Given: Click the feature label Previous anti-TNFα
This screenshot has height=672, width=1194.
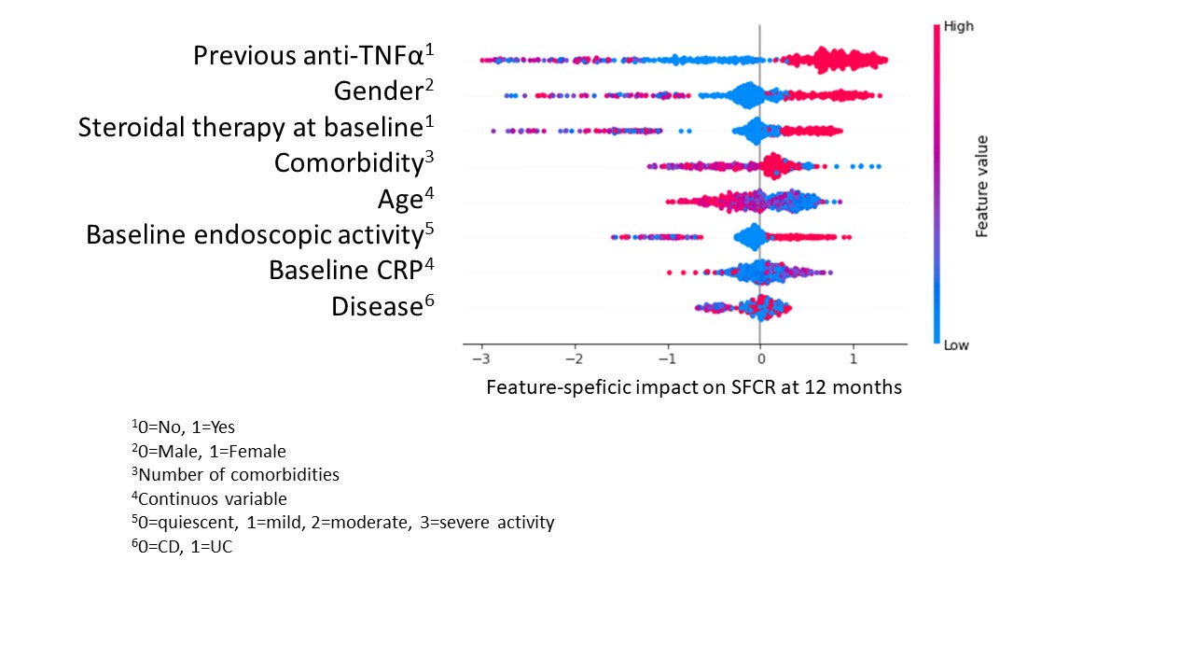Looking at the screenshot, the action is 313,55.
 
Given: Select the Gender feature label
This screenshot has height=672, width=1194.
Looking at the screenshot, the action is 383,91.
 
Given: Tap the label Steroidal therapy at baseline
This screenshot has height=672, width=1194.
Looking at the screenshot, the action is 256,127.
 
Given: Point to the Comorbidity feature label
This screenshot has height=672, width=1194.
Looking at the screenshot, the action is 354,162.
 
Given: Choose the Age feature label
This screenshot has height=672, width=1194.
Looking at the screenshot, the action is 406,199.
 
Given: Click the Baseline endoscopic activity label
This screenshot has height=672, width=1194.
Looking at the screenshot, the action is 260,234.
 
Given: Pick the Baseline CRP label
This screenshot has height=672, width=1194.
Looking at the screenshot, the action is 352,270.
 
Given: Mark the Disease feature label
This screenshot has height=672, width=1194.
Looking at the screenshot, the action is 382,305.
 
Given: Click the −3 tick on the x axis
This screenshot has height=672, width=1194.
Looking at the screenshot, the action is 480,359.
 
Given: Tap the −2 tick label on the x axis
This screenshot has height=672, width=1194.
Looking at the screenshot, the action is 574,359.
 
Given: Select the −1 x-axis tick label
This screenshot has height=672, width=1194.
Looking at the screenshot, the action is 667,359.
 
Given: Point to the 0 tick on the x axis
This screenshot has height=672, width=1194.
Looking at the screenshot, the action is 760,359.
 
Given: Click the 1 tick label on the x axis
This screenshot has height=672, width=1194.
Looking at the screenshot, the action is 854,359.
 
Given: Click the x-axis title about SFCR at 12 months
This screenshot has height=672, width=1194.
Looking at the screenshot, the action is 694,387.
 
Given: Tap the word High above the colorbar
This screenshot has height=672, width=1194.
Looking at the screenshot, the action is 958,26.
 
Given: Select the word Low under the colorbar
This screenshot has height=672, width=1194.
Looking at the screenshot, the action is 956,345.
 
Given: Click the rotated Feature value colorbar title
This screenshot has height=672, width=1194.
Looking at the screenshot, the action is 982,186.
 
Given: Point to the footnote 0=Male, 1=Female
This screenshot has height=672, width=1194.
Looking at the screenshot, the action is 209,451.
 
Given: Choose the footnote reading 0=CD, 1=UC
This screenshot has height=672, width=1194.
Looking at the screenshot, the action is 182,546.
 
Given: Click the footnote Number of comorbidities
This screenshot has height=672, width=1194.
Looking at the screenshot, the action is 236,474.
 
